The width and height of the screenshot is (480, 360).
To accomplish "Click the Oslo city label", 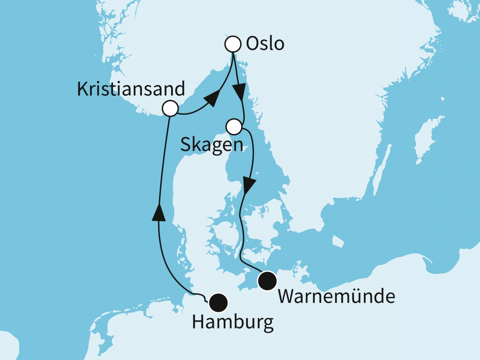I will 265,44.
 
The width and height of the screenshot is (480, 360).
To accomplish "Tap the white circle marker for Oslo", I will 233,44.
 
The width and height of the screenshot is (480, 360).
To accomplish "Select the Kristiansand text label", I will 131,89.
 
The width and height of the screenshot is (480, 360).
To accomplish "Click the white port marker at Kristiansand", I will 170,108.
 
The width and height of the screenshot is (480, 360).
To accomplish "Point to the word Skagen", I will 212,145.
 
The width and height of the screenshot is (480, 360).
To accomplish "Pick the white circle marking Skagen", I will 234,127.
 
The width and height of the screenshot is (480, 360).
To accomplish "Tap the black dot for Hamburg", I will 219,302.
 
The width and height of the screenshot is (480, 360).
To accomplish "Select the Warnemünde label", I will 336,297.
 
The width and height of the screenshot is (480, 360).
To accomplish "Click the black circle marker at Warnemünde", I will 268,280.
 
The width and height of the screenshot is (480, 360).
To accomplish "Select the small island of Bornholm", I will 337,242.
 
